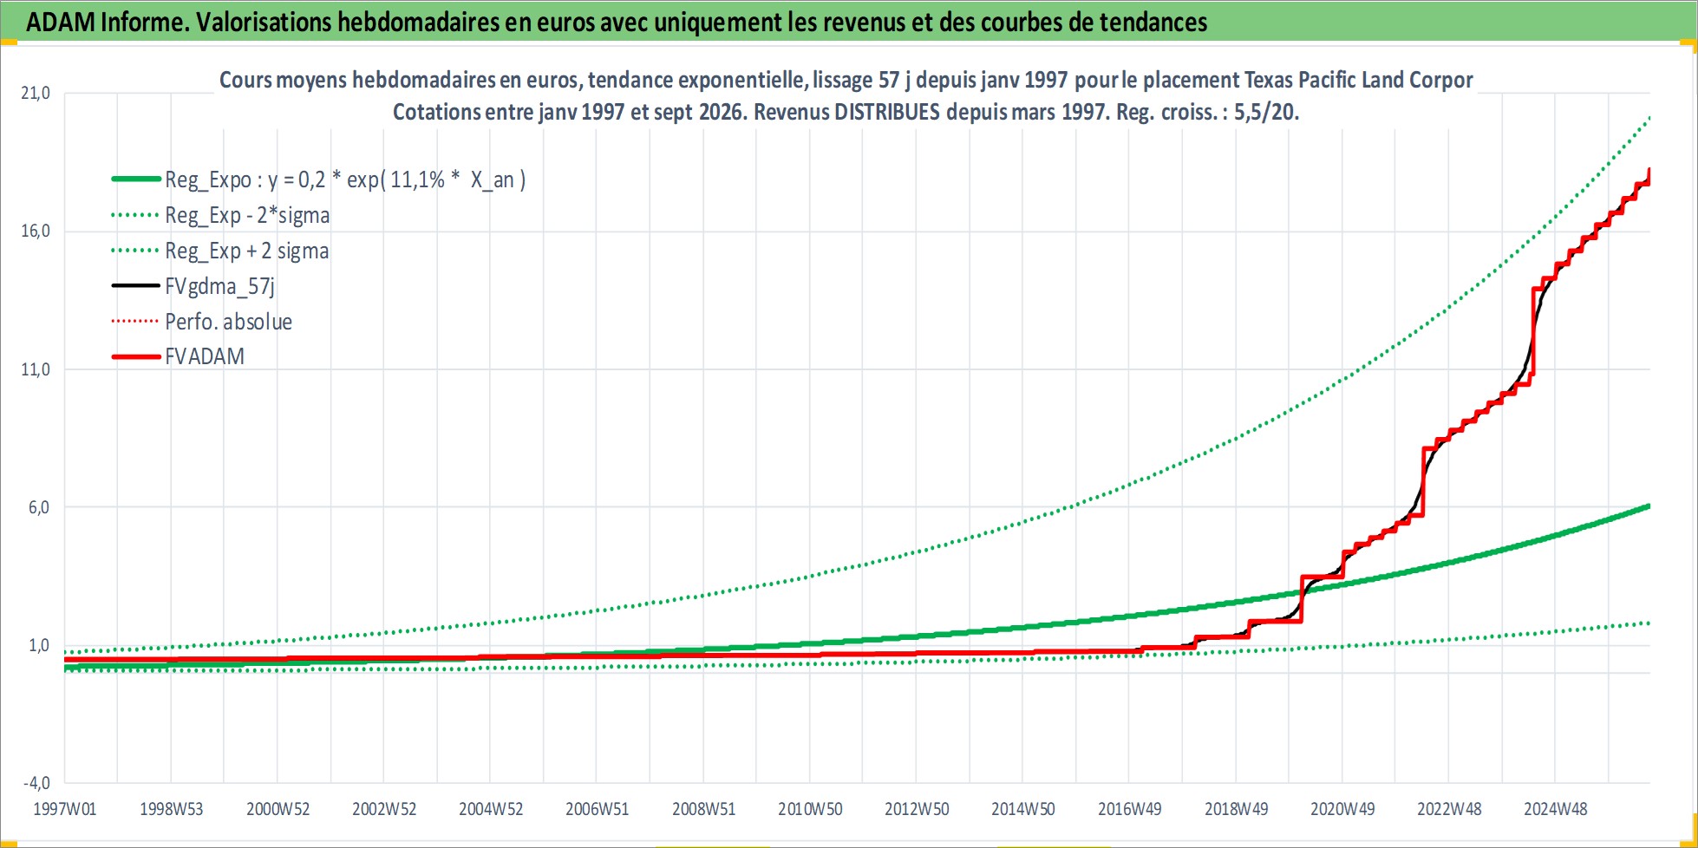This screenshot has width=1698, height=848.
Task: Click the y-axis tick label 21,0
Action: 36,93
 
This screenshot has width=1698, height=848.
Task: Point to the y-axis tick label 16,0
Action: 36,231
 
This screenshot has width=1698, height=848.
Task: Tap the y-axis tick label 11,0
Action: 36,369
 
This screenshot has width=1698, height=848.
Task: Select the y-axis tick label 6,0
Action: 39,507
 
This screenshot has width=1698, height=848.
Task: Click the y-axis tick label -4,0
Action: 36,783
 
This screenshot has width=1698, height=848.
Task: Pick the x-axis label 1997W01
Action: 65,809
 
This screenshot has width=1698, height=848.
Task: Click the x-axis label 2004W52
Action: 491,809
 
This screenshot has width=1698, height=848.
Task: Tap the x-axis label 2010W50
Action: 810,809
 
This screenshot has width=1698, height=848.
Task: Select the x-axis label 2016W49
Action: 1130,809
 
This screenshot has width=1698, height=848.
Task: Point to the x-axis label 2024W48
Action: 1556,809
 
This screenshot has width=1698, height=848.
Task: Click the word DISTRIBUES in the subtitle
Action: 886,112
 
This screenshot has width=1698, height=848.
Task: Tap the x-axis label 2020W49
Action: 1342,809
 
